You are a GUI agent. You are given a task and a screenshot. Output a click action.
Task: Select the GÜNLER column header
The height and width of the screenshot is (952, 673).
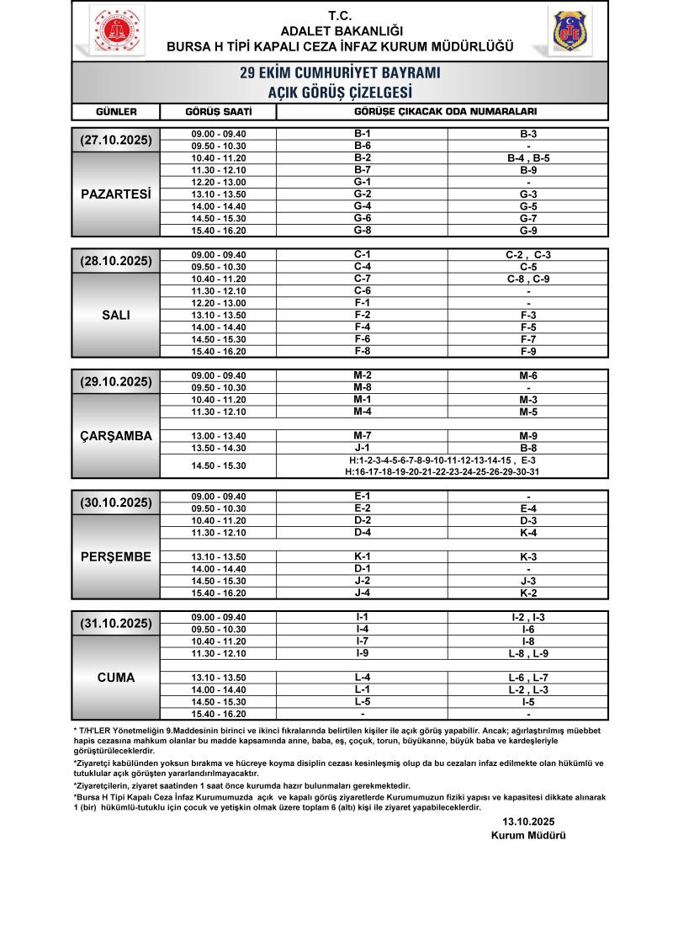point(116,111)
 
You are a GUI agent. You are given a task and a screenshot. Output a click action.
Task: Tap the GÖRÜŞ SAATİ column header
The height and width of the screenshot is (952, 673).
point(218,111)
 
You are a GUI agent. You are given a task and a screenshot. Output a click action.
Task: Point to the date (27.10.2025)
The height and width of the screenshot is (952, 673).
point(116,140)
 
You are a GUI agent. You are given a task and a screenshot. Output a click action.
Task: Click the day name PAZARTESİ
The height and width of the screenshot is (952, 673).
point(116,194)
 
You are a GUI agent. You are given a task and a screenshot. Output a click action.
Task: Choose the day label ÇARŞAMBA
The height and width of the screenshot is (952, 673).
point(116,435)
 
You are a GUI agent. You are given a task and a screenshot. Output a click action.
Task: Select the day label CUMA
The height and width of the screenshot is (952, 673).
point(116,677)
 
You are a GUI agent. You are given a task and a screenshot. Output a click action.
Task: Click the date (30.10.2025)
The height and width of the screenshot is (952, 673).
point(116,503)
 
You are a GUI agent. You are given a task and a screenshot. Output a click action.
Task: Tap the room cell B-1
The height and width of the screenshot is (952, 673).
point(363,134)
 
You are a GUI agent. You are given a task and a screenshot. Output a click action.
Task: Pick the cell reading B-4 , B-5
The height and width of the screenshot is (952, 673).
point(528,157)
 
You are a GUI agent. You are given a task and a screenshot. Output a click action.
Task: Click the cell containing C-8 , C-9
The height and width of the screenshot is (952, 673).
point(528,279)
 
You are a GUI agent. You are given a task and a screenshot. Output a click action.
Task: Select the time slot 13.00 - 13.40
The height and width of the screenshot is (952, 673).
point(218,435)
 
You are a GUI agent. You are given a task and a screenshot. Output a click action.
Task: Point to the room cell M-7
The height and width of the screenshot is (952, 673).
point(363,435)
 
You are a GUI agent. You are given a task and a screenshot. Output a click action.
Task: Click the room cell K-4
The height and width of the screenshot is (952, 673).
point(528,532)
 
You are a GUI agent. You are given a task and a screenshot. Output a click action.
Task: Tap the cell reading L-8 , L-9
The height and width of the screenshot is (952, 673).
point(528,653)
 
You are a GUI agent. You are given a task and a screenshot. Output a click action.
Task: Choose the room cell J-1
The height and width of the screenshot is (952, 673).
point(363,447)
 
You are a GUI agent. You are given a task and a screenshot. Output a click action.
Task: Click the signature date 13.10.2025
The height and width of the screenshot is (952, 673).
point(528,821)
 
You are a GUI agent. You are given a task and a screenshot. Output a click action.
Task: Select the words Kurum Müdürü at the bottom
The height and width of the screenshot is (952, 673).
point(528,835)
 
